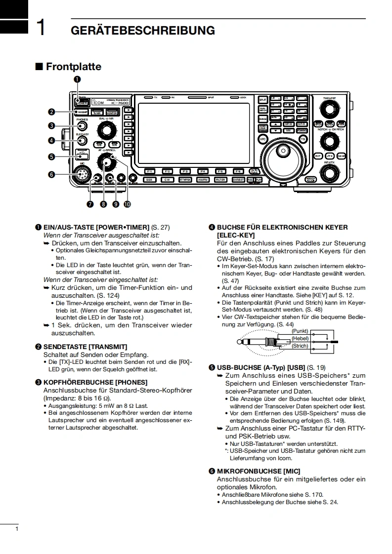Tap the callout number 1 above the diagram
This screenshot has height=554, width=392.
point(78,79)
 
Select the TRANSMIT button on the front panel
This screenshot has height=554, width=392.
point(82,113)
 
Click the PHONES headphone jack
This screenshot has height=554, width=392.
point(82,126)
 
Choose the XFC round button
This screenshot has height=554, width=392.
point(262,140)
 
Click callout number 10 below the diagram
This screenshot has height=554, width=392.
point(128,203)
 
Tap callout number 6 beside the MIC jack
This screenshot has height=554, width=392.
point(51,174)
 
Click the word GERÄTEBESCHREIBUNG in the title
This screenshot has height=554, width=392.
point(143,31)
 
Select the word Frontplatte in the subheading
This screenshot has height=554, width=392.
point(73,67)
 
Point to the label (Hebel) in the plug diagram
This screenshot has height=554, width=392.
point(300,338)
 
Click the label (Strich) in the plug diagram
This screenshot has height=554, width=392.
point(300,346)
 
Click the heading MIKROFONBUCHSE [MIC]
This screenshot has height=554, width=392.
point(258,471)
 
